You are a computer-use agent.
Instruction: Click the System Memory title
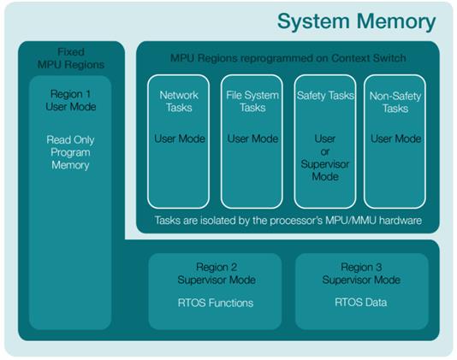[x=356, y=22]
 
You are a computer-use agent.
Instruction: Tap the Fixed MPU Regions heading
[x=71, y=58]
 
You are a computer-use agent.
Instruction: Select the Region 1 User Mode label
[x=71, y=100]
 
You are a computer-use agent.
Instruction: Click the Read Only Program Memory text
[x=70, y=152]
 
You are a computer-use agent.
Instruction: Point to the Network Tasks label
[x=179, y=102]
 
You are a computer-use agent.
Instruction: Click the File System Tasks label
[x=252, y=102]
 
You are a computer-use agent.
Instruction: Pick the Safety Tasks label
[x=325, y=96]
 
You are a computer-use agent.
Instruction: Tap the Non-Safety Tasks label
[x=395, y=102]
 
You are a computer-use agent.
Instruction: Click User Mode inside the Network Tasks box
[x=180, y=139]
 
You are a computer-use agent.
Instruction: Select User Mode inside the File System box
[x=252, y=139]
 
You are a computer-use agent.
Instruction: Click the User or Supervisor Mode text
[x=325, y=157]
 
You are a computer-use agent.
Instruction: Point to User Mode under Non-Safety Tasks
[x=395, y=139]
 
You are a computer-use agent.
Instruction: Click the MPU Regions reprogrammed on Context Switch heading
[x=288, y=58]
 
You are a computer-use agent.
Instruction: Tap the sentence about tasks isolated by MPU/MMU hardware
[x=288, y=221]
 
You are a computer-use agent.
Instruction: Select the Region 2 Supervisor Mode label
[x=217, y=274]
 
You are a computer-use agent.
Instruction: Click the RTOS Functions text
[x=216, y=303]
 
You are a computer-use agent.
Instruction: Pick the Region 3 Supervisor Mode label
[x=361, y=274]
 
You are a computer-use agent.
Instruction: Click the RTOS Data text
[x=361, y=303]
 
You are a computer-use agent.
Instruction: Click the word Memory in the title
[x=396, y=22]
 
